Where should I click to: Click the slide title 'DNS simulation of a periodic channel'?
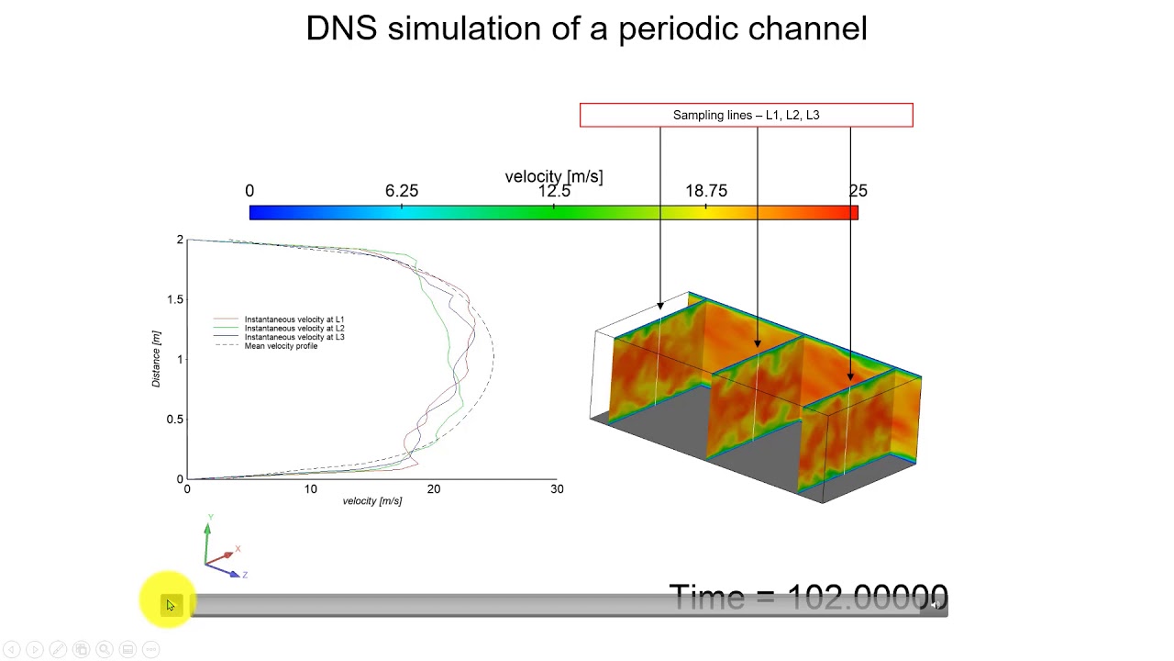point(586,28)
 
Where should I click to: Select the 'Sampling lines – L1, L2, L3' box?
point(746,115)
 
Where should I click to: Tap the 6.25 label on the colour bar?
point(402,191)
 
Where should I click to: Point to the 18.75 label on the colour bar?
point(706,191)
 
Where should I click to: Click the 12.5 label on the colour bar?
point(554,191)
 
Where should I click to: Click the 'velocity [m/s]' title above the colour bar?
point(554,175)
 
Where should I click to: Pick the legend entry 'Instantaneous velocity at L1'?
point(293,319)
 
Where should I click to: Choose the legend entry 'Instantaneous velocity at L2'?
point(293,328)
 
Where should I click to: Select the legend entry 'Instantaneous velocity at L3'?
point(293,337)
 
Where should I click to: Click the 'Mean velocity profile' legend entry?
point(281,346)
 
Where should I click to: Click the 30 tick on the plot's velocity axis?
point(557,489)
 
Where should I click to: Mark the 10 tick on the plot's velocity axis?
point(311,489)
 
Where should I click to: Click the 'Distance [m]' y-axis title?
point(157,359)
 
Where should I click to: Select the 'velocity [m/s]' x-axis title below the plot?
point(371,501)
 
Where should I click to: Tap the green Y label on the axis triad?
point(210,519)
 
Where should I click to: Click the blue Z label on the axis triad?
point(245,575)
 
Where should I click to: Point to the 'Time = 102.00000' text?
point(808,597)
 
